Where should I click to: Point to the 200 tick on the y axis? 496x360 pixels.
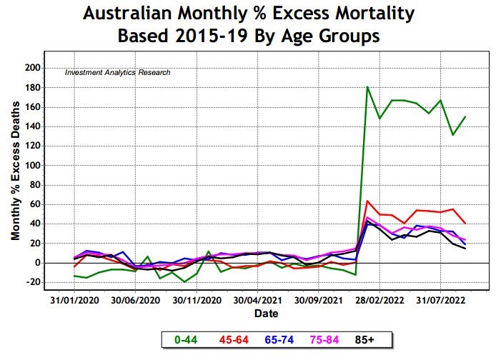[x=32, y=68]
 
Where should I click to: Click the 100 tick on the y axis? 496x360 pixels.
[x=32, y=166]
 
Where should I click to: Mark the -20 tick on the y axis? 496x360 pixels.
[x=32, y=282]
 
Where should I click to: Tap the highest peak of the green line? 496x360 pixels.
[x=367, y=87]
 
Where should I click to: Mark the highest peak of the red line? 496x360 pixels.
[x=367, y=201]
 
